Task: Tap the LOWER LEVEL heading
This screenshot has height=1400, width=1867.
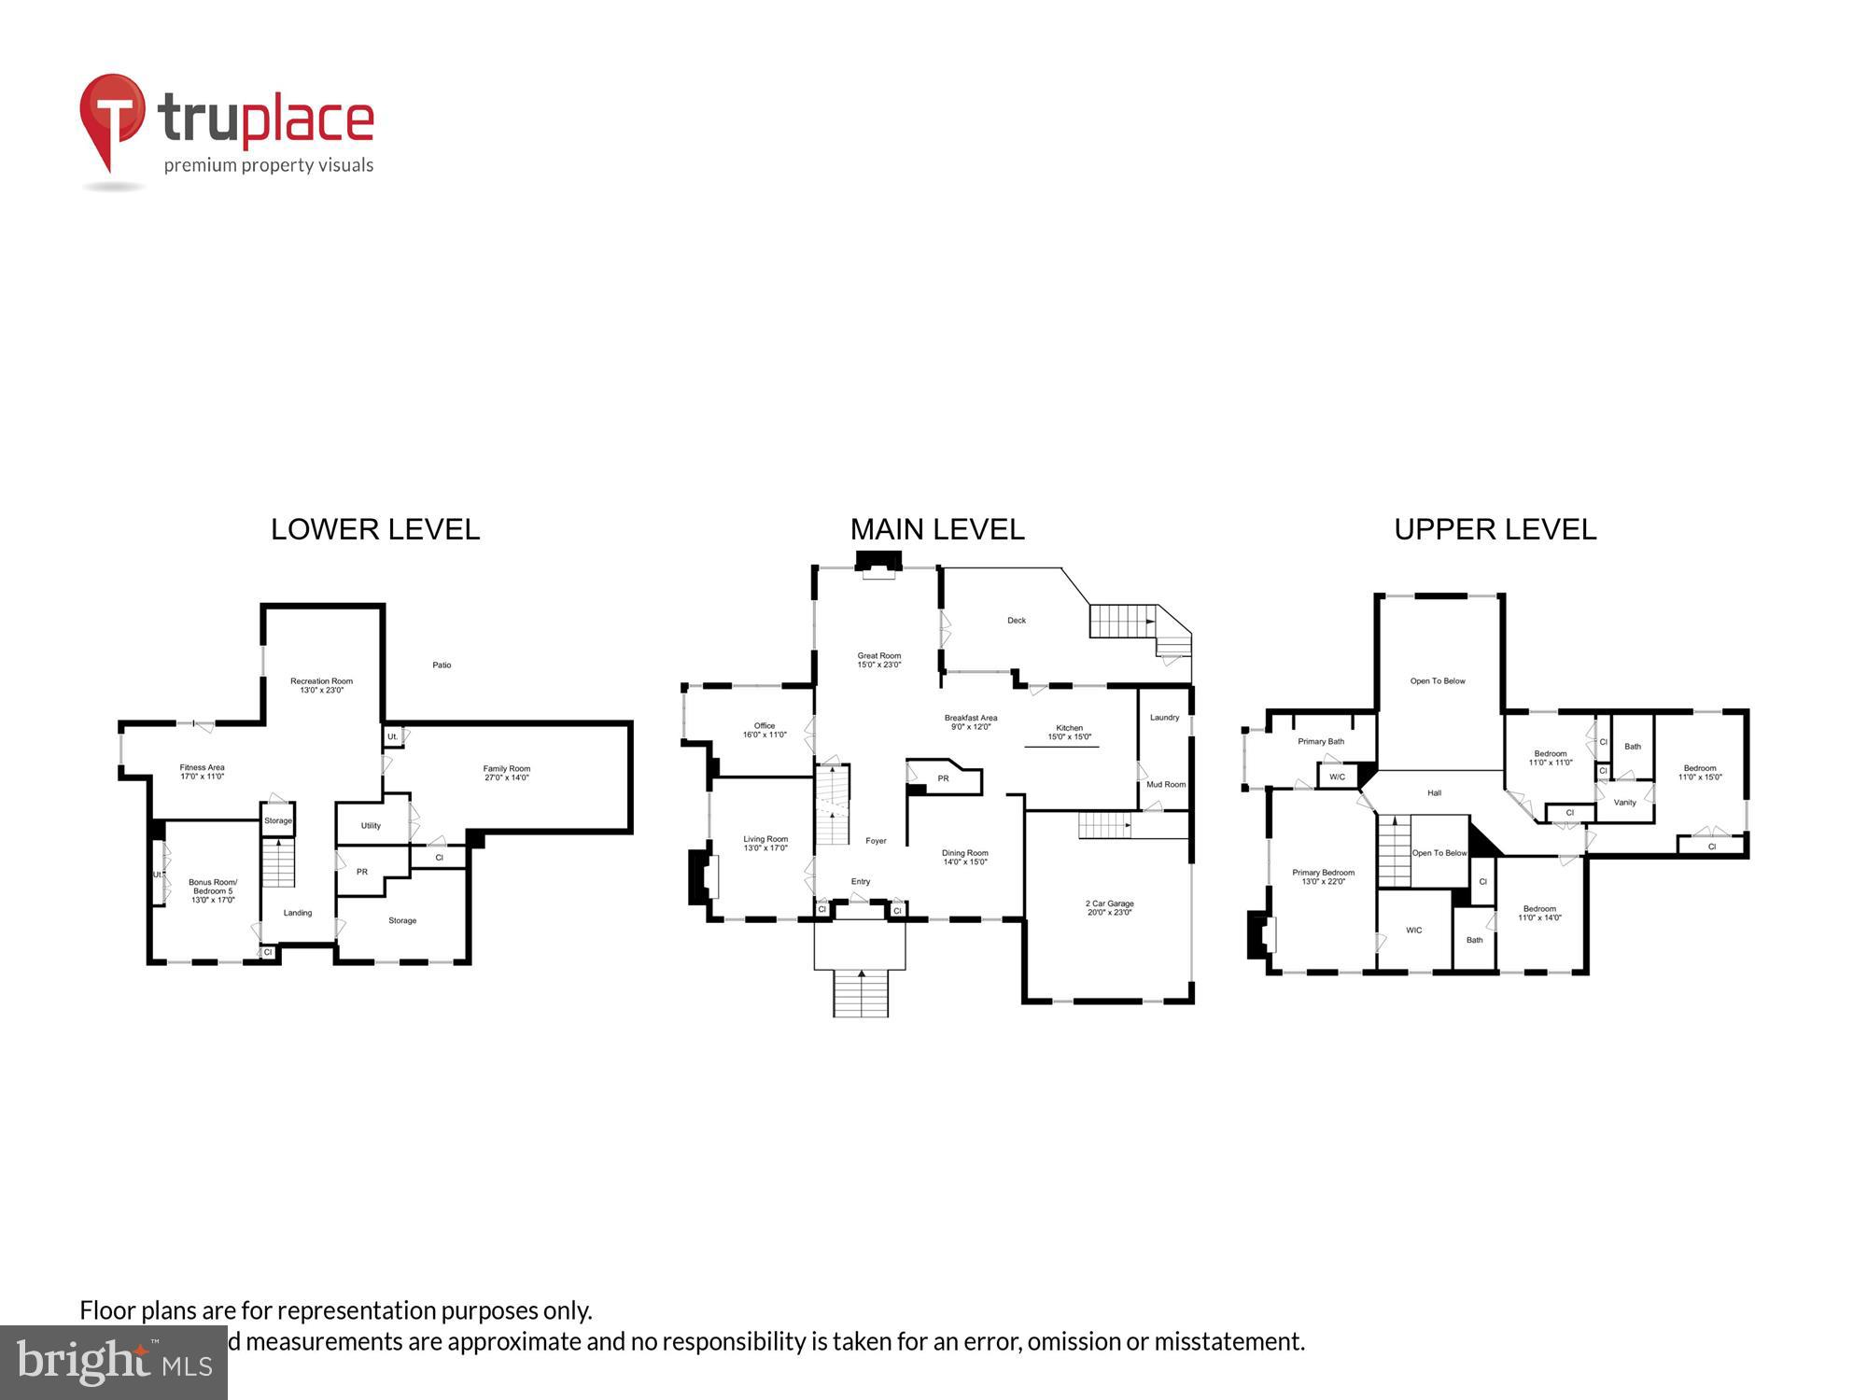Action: [x=375, y=529]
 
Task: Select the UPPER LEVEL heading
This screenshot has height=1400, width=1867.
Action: [x=1495, y=529]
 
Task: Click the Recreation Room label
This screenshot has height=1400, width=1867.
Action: [x=321, y=685]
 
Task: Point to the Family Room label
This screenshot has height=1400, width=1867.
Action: [x=506, y=773]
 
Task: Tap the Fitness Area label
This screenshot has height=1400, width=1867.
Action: [x=202, y=772]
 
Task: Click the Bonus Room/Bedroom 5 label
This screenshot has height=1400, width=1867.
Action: [x=213, y=890]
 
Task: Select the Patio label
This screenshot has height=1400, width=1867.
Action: [x=442, y=665]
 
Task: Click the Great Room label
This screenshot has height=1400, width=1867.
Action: [x=878, y=660]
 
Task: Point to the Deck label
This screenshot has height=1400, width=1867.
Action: [x=1017, y=621]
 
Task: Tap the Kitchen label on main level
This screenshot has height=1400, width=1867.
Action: [x=1069, y=732]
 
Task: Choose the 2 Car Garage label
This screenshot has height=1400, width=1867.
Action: [x=1109, y=907]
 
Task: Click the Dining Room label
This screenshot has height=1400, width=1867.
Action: [x=964, y=857]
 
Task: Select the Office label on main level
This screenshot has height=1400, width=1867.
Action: [x=765, y=730]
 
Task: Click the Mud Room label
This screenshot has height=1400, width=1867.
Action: [x=1166, y=785]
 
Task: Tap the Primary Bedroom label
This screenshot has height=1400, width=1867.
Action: [x=1323, y=876]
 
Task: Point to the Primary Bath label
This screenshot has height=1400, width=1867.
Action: [x=1321, y=742]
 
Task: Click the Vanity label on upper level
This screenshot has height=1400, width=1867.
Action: [x=1624, y=803]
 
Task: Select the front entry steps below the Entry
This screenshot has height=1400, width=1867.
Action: [x=860, y=993]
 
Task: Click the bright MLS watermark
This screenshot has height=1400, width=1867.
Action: [x=113, y=1363]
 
